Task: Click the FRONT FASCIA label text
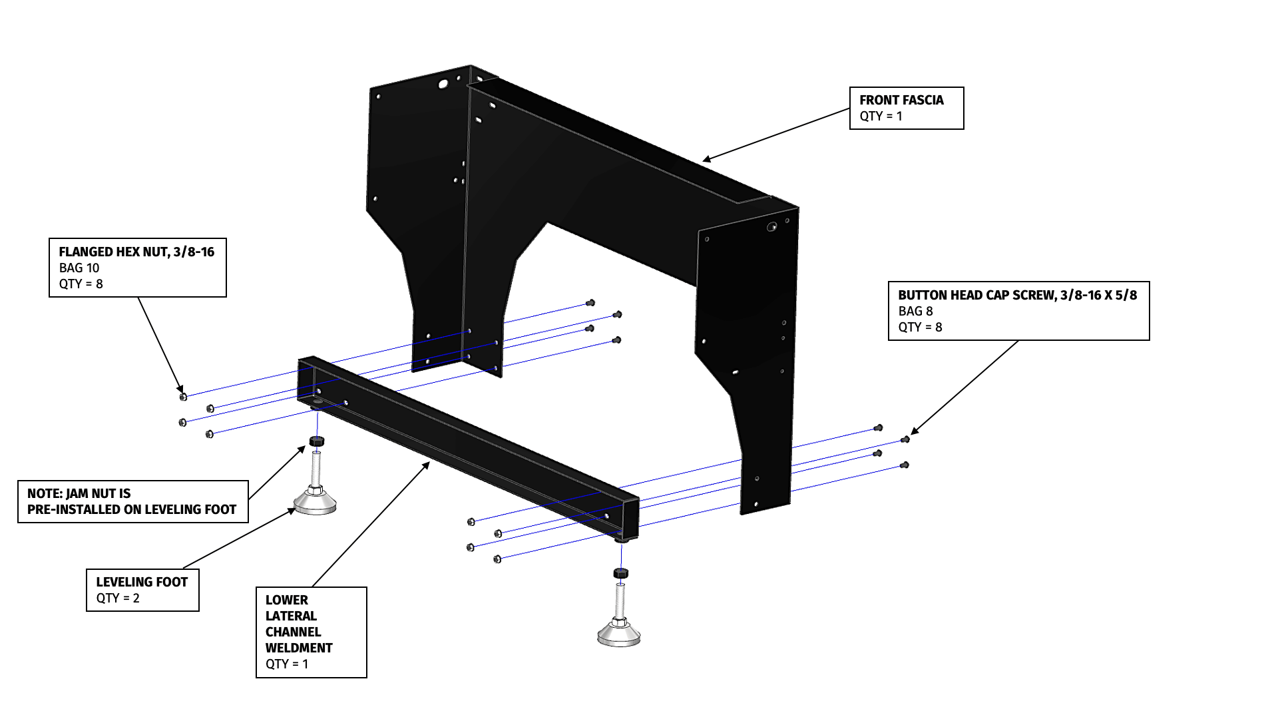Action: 901,101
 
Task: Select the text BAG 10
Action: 79,268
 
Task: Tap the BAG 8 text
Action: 915,312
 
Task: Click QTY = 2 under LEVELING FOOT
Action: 118,599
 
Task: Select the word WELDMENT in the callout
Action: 299,648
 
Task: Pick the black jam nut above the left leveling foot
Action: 317,441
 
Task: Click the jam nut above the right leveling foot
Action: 620,573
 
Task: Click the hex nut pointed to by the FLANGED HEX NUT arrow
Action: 183,397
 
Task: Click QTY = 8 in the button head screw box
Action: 920,328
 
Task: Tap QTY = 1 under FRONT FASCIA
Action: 881,117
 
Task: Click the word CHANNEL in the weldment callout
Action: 293,632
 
